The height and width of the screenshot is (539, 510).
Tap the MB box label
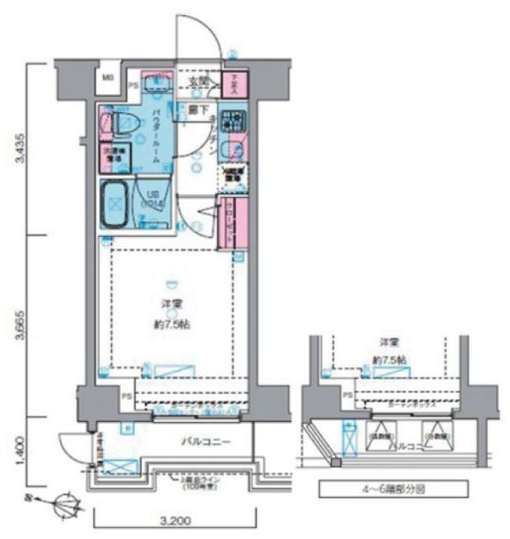click(108, 78)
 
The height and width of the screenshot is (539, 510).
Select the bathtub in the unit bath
click(114, 203)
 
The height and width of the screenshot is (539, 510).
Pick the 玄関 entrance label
click(197, 83)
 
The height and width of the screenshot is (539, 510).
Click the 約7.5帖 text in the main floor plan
click(172, 323)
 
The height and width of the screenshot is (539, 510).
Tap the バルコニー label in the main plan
click(205, 440)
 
